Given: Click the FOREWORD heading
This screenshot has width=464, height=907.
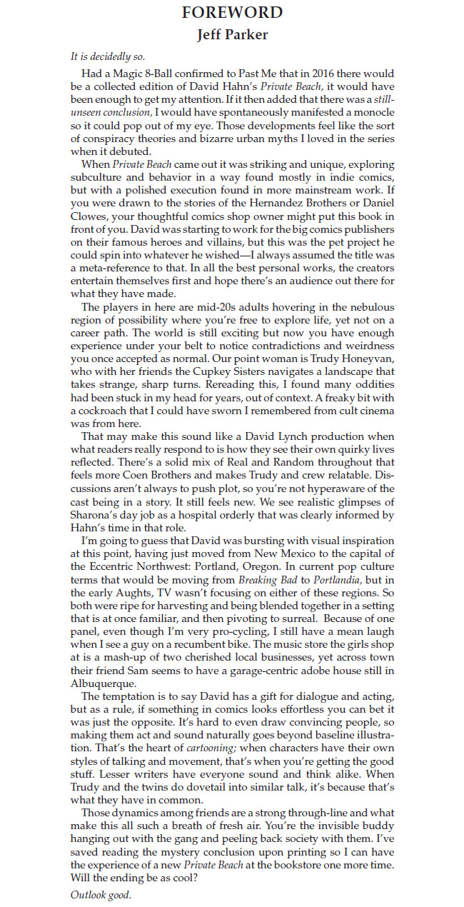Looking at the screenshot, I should click(232, 12).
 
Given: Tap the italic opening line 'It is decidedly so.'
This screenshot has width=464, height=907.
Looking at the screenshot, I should click(109, 55).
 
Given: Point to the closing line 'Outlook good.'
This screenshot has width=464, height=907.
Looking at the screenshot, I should click(101, 894).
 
